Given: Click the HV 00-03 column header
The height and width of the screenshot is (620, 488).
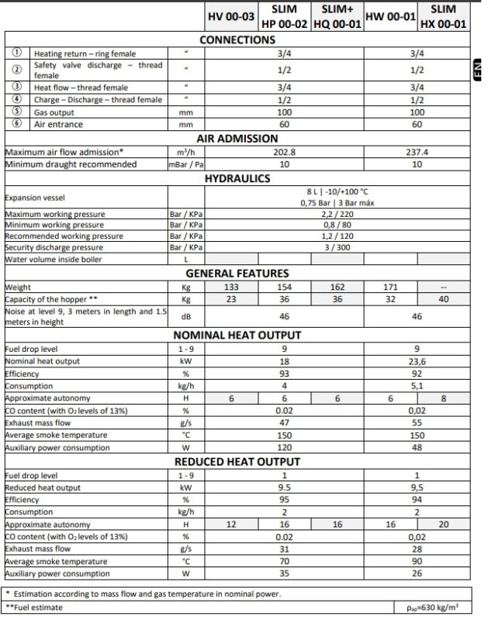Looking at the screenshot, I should [230, 16].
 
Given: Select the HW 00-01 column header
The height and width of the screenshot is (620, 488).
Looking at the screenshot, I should [390, 16].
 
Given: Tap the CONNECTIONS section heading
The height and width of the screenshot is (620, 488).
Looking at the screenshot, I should [240, 40].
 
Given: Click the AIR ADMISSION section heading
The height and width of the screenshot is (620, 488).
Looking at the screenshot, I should [240, 138].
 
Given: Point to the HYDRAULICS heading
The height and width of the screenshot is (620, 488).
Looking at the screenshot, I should [237, 178].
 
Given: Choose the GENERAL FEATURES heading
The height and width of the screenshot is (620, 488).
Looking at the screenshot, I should [237, 273].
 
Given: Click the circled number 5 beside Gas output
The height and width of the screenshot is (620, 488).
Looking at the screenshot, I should [17, 112].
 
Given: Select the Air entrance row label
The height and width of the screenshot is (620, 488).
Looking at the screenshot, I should [58, 124].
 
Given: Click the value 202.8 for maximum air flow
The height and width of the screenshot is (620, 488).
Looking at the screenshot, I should [286, 152].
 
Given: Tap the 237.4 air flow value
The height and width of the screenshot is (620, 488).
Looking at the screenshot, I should [417, 152].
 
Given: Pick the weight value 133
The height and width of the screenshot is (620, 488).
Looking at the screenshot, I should [230, 287].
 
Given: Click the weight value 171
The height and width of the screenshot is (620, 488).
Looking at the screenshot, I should [390, 287].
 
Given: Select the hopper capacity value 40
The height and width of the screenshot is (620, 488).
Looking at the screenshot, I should [443, 298].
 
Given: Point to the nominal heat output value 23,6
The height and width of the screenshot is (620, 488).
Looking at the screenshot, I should [417, 361].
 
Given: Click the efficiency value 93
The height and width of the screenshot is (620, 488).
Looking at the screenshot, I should [286, 373].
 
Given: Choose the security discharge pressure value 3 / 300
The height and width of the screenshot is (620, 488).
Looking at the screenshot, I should [337, 246].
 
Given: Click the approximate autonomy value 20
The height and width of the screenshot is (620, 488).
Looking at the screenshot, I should [443, 524].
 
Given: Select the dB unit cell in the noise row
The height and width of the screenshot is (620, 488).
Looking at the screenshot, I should [186, 316].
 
